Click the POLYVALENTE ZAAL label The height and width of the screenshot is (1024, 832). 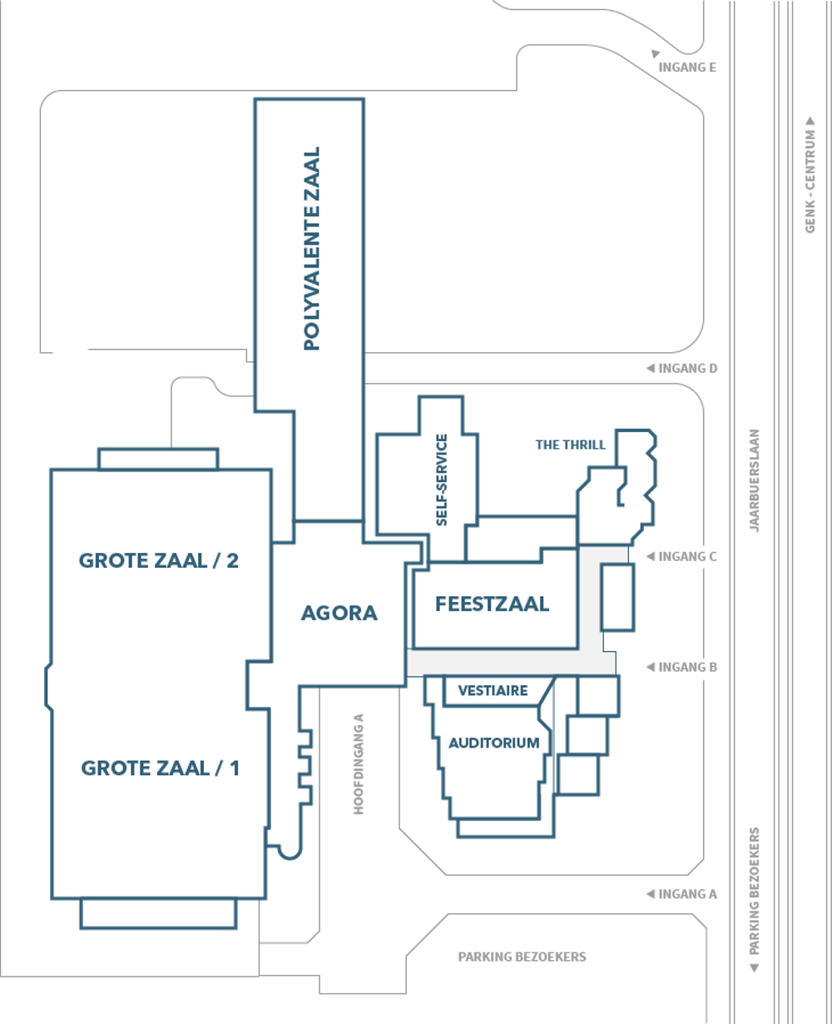click(x=312, y=249)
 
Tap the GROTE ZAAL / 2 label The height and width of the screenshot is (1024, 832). click(x=159, y=560)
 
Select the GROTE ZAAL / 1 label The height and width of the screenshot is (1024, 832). click(x=160, y=768)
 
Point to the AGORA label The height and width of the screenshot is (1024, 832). click(x=339, y=613)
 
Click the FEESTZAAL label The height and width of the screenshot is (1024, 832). click(x=492, y=604)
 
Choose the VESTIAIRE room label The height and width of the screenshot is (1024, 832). click(x=493, y=690)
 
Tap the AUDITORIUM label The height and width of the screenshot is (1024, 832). click(x=494, y=743)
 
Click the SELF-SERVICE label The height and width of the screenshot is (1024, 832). click(x=442, y=480)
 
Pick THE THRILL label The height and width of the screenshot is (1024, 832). click(x=570, y=445)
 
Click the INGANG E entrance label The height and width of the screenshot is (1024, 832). click(x=687, y=67)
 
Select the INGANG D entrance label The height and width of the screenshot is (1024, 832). click(x=687, y=368)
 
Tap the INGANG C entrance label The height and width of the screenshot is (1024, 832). click(x=687, y=557)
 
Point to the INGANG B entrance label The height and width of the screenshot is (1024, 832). click(x=687, y=668)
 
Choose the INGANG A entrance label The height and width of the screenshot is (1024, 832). click(x=687, y=894)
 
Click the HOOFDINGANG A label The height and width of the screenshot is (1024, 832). click(x=359, y=764)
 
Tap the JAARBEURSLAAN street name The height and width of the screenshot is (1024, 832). click(x=755, y=480)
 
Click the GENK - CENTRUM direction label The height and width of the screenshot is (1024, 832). click(x=810, y=181)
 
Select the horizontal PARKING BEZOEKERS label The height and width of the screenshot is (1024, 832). click(x=522, y=957)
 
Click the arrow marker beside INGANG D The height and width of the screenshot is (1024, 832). click(x=651, y=368)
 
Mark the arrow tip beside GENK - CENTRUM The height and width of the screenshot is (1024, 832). click(x=810, y=117)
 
